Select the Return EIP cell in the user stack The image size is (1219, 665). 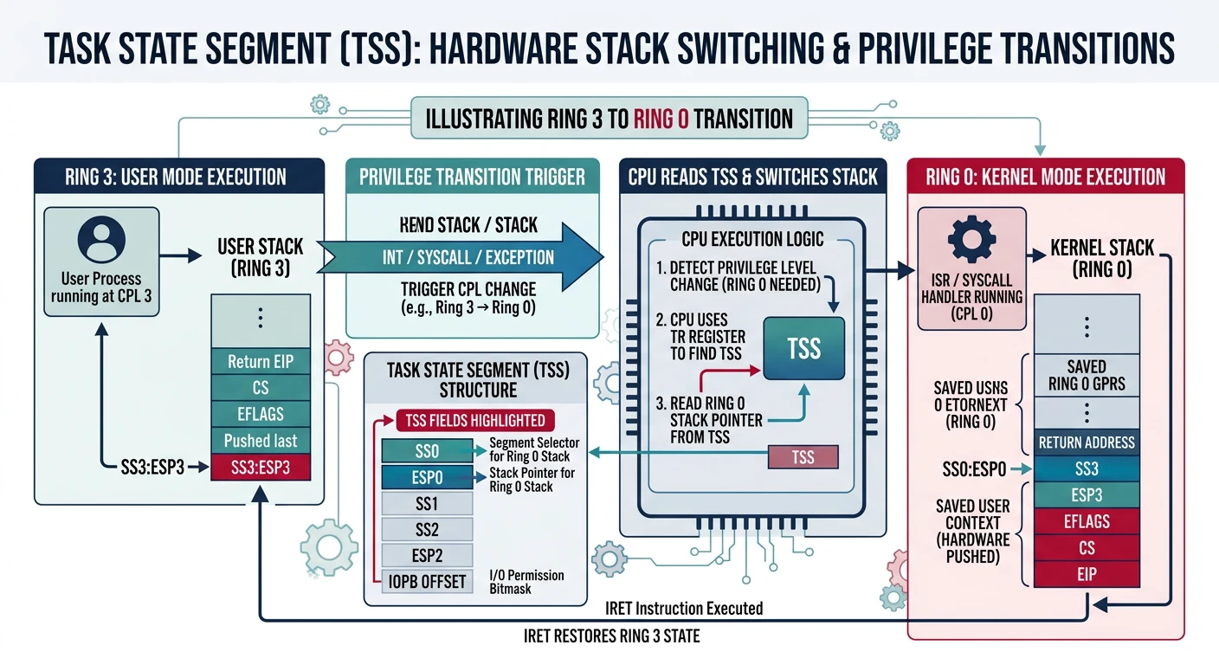(x=261, y=361)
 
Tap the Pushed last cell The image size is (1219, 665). (x=261, y=440)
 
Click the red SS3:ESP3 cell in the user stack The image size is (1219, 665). (x=261, y=468)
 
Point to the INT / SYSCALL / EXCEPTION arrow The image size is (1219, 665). (x=468, y=257)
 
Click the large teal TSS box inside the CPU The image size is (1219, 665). (x=803, y=348)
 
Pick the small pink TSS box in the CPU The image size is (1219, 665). (x=803, y=456)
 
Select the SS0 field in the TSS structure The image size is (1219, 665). (x=428, y=451)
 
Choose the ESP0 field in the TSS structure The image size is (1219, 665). (x=428, y=477)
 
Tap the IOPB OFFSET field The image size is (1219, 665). (x=428, y=580)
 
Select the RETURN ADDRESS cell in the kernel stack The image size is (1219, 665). (x=1086, y=442)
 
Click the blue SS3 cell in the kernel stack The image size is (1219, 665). (x=1086, y=469)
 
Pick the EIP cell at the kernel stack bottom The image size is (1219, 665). (x=1086, y=573)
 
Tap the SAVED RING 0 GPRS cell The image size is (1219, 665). (x=1086, y=374)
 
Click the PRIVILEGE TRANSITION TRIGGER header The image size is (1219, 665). (x=472, y=178)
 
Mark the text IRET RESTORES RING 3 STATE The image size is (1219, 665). (x=611, y=636)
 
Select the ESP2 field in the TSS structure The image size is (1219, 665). (x=428, y=555)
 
